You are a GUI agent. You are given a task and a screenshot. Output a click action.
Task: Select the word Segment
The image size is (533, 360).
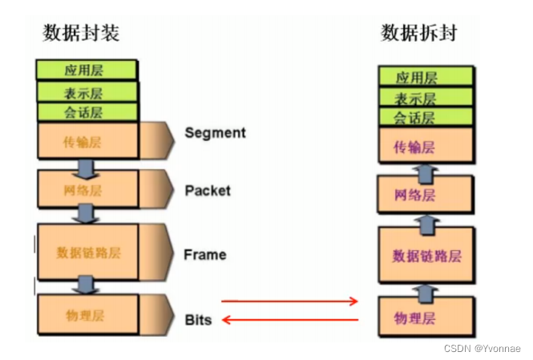[215, 132]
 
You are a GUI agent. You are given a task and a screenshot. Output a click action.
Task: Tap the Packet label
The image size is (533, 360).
[208, 190]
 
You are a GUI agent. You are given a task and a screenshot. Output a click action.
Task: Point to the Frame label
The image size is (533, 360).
[205, 255]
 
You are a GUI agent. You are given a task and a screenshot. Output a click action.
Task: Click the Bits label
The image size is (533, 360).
[198, 319]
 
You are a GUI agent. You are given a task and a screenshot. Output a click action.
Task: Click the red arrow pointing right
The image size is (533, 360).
[289, 301]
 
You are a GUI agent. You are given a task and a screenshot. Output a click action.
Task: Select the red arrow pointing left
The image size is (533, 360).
[289, 321]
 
